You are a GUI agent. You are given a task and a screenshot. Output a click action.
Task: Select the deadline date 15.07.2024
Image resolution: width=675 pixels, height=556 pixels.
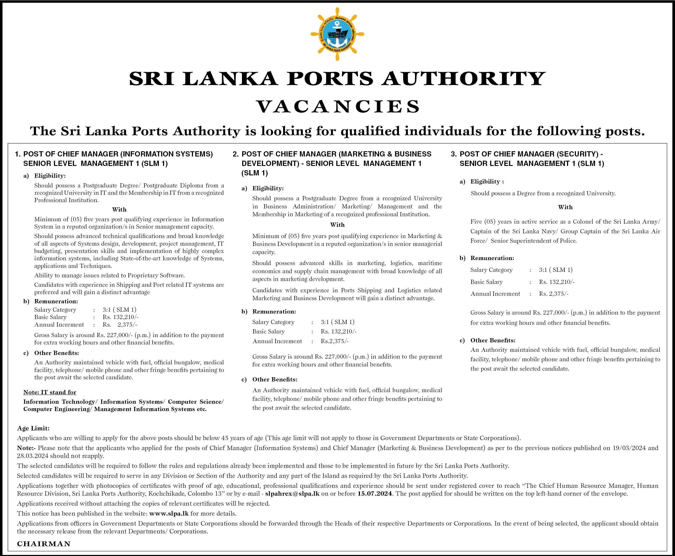(374, 494)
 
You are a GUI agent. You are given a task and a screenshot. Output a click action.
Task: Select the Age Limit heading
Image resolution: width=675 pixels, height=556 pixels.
(33, 428)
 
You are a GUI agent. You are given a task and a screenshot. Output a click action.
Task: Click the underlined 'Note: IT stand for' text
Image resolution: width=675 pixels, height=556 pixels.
(50, 392)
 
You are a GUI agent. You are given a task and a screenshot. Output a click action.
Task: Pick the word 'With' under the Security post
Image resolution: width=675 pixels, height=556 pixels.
(565, 207)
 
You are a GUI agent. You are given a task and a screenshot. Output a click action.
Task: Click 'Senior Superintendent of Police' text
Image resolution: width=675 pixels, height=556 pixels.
(533, 241)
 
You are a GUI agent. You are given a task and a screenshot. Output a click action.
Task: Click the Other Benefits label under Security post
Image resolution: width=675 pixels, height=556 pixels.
(493, 341)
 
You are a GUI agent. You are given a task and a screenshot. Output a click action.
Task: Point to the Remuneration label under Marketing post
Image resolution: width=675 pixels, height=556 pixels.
(274, 312)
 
